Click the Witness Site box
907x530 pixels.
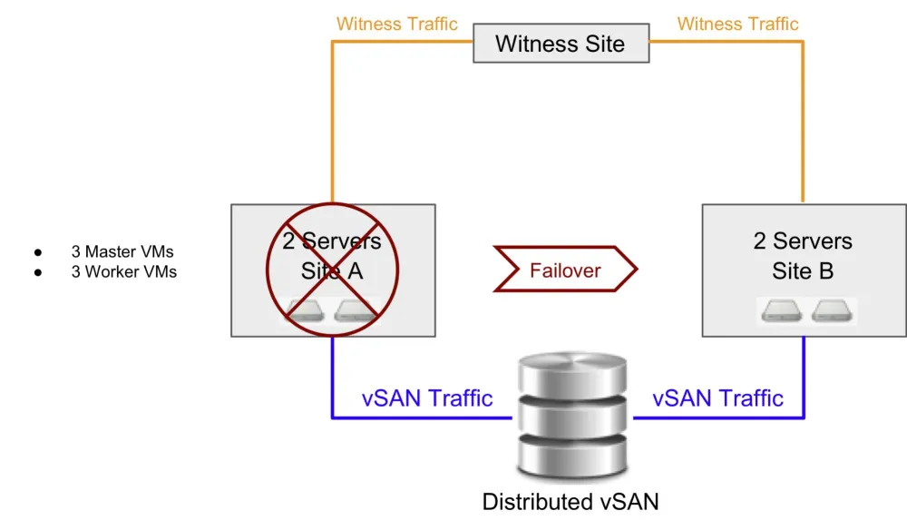coord(561,43)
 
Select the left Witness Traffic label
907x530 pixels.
coord(396,24)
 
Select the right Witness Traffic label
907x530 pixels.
coord(737,24)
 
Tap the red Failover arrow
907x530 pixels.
coord(565,270)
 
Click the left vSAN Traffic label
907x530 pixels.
coord(427,397)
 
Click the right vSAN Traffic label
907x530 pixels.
coord(717,397)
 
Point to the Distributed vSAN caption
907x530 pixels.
coord(570,502)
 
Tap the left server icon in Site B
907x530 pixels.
coord(782,311)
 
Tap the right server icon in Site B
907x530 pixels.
coord(833,311)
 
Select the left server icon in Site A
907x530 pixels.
coord(306,311)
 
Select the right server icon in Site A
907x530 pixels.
coord(356,311)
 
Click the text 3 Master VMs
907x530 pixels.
coord(122,251)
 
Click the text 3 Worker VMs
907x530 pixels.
coord(124,271)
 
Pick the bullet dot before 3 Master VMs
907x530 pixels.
coord(38,252)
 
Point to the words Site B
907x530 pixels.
coord(803,270)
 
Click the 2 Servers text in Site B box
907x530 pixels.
coord(803,241)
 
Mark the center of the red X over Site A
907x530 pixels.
coord(332,270)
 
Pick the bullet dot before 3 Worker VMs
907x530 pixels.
coord(38,272)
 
